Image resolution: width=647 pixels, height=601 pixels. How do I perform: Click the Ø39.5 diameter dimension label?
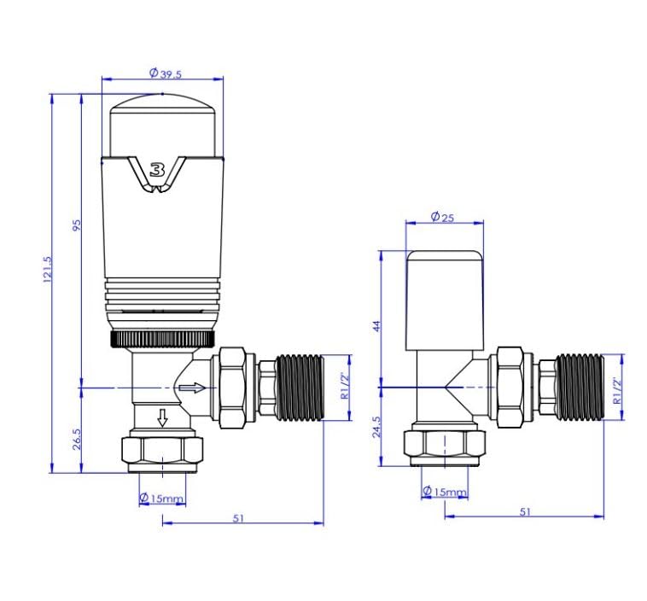click(165, 73)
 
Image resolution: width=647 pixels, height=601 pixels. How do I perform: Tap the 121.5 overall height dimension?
click(48, 269)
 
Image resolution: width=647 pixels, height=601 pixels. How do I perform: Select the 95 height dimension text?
click(77, 225)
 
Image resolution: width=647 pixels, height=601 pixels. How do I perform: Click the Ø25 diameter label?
click(442, 217)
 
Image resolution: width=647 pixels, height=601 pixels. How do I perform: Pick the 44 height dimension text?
click(376, 325)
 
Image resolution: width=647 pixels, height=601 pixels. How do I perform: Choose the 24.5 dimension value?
click(376, 426)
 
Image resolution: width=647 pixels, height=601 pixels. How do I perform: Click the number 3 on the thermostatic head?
click(157, 170)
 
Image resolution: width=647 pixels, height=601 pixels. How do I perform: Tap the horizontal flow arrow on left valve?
click(192, 388)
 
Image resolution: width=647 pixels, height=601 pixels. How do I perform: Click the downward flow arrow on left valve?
click(163, 417)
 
